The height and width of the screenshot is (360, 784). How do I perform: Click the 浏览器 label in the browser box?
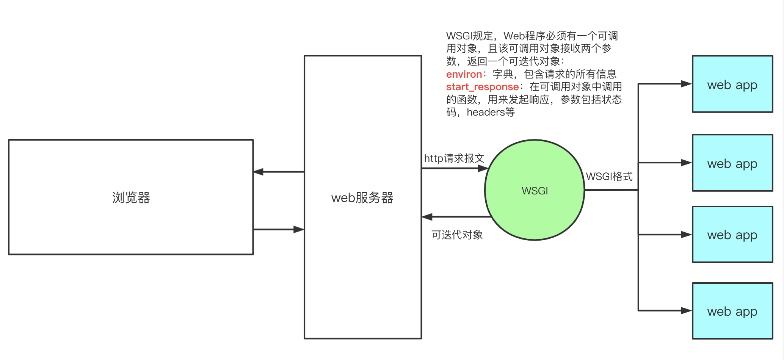pos(131,197)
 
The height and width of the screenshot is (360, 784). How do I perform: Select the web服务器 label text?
pos(362,197)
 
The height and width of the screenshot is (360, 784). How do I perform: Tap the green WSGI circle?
pos(535,190)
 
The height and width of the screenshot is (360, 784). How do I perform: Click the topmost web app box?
pos(732,85)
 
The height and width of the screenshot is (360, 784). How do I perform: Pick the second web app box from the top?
pos(732,163)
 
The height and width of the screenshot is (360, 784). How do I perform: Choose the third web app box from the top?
pos(732,235)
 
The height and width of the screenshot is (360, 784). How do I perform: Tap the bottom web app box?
pos(732,311)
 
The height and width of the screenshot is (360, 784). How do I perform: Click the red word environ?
pos(464,74)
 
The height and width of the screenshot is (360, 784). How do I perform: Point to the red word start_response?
pos(482,87)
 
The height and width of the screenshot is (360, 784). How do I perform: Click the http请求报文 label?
pos(454,158)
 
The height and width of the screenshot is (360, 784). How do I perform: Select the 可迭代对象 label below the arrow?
pos(457,235)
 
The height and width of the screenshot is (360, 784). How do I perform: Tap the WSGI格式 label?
pos(609,177)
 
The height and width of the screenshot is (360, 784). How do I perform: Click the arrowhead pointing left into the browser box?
pos(259,172)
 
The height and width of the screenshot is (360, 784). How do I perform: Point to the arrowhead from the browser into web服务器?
pos(299,229)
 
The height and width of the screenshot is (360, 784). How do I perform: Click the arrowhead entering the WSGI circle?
pos(483,168)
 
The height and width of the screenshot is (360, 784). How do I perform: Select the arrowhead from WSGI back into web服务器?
pos(427,217)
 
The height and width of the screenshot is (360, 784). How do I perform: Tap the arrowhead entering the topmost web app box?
pos(686,84)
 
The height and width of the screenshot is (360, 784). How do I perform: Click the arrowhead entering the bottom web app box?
pos(686,311)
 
